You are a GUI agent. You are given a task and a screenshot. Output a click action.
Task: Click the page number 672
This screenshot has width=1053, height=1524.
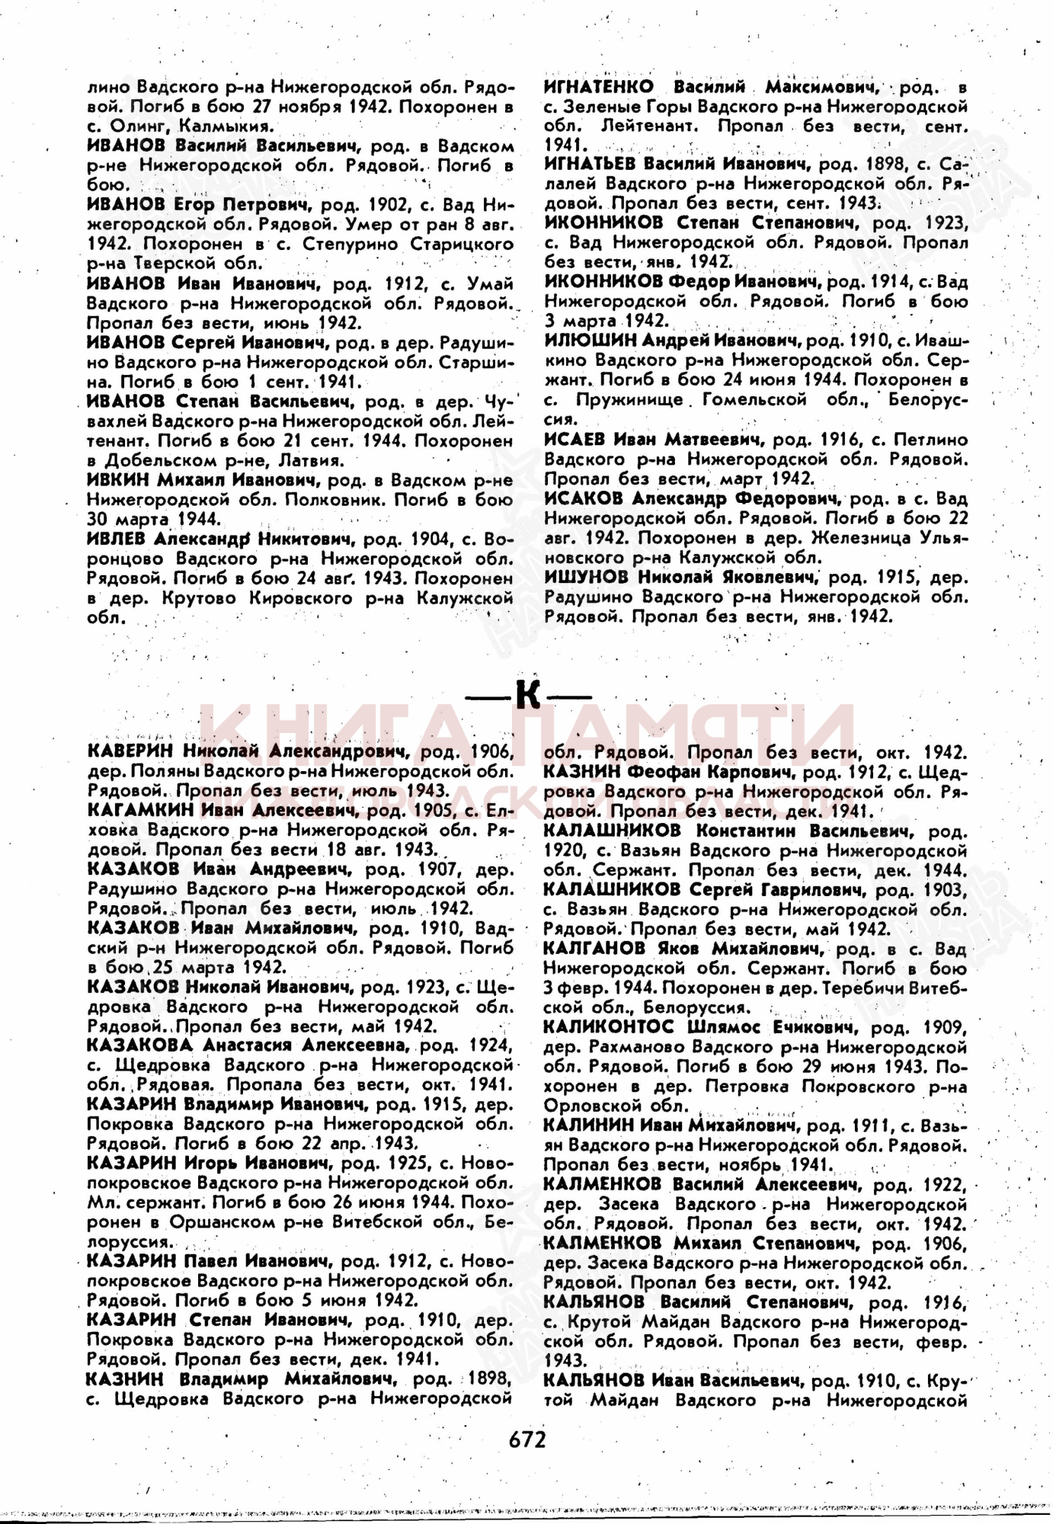[527, 1439]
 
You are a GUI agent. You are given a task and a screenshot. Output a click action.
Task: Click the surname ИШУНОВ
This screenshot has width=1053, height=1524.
[586, 577]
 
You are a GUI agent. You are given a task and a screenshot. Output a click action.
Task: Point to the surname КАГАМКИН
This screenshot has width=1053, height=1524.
[141, 810]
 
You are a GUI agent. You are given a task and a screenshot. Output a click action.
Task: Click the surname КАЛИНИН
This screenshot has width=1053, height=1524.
[587, 1125]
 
